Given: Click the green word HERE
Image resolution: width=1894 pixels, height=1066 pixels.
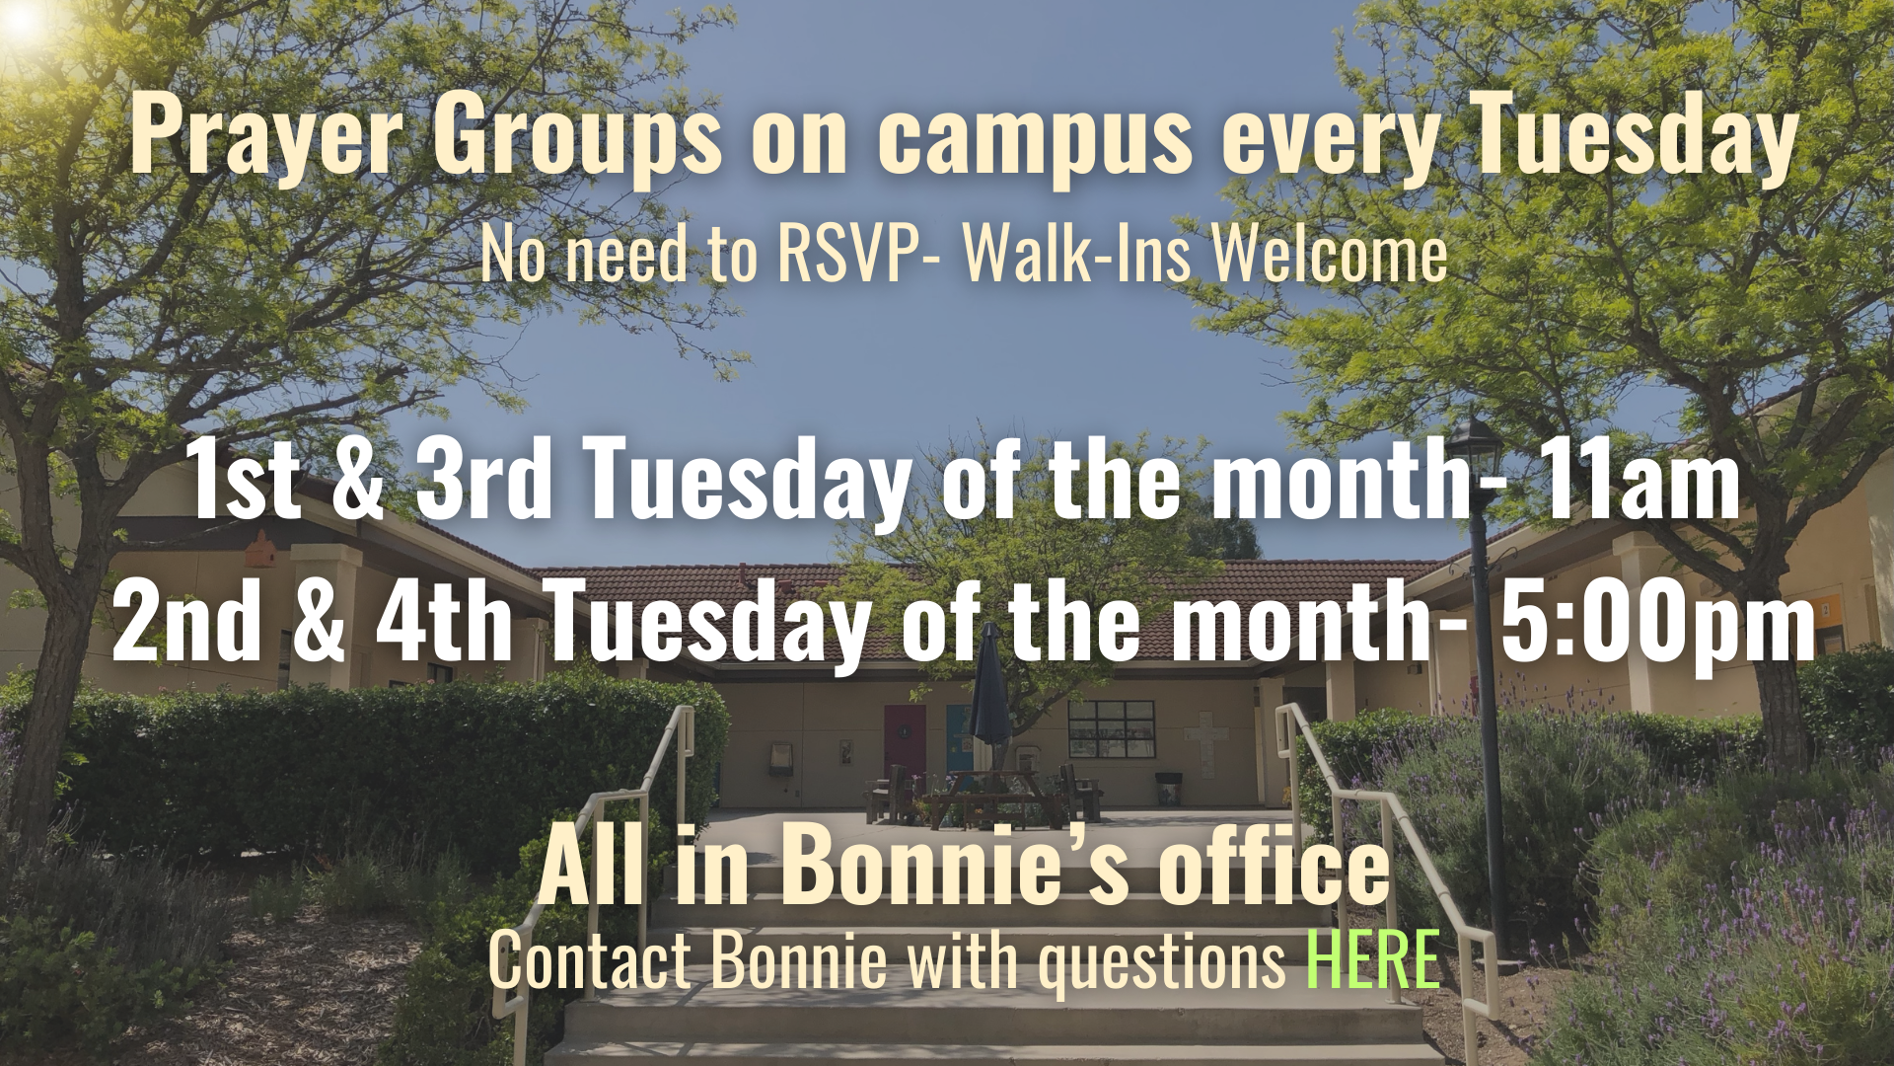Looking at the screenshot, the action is click(1372, 959).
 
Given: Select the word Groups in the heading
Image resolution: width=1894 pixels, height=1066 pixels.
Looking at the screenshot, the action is click(578, 136).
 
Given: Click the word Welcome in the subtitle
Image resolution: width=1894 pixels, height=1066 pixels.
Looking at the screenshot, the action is click(1329, 254).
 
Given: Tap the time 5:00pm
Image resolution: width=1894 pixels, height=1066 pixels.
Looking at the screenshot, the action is click(1657, 621).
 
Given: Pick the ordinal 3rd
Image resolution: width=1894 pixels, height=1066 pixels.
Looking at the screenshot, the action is click(483, 479).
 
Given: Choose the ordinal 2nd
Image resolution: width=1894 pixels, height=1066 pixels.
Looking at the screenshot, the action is click(187, 621).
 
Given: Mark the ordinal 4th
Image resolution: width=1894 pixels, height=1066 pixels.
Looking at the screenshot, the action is click(444, 621).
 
